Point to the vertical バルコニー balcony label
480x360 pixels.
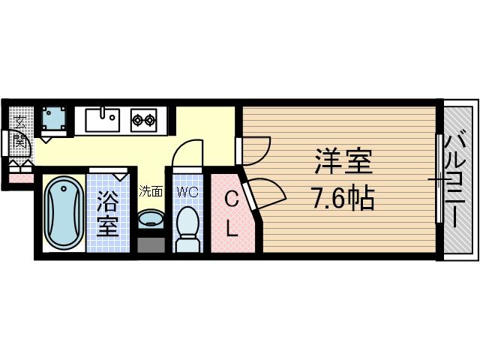pos(454,180)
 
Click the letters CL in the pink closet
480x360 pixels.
pos(232,213)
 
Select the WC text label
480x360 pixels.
pos(187,192)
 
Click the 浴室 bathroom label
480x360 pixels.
pos(107,214)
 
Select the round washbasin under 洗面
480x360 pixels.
pos(151,219)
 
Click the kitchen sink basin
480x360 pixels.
pos(102,118)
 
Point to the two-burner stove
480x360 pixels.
pos(143,119)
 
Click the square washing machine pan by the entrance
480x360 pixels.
pos(53,119)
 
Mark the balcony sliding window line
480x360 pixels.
pos(437,180)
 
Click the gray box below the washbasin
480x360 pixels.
pos(151,244)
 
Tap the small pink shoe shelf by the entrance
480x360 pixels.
pos(21,177)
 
